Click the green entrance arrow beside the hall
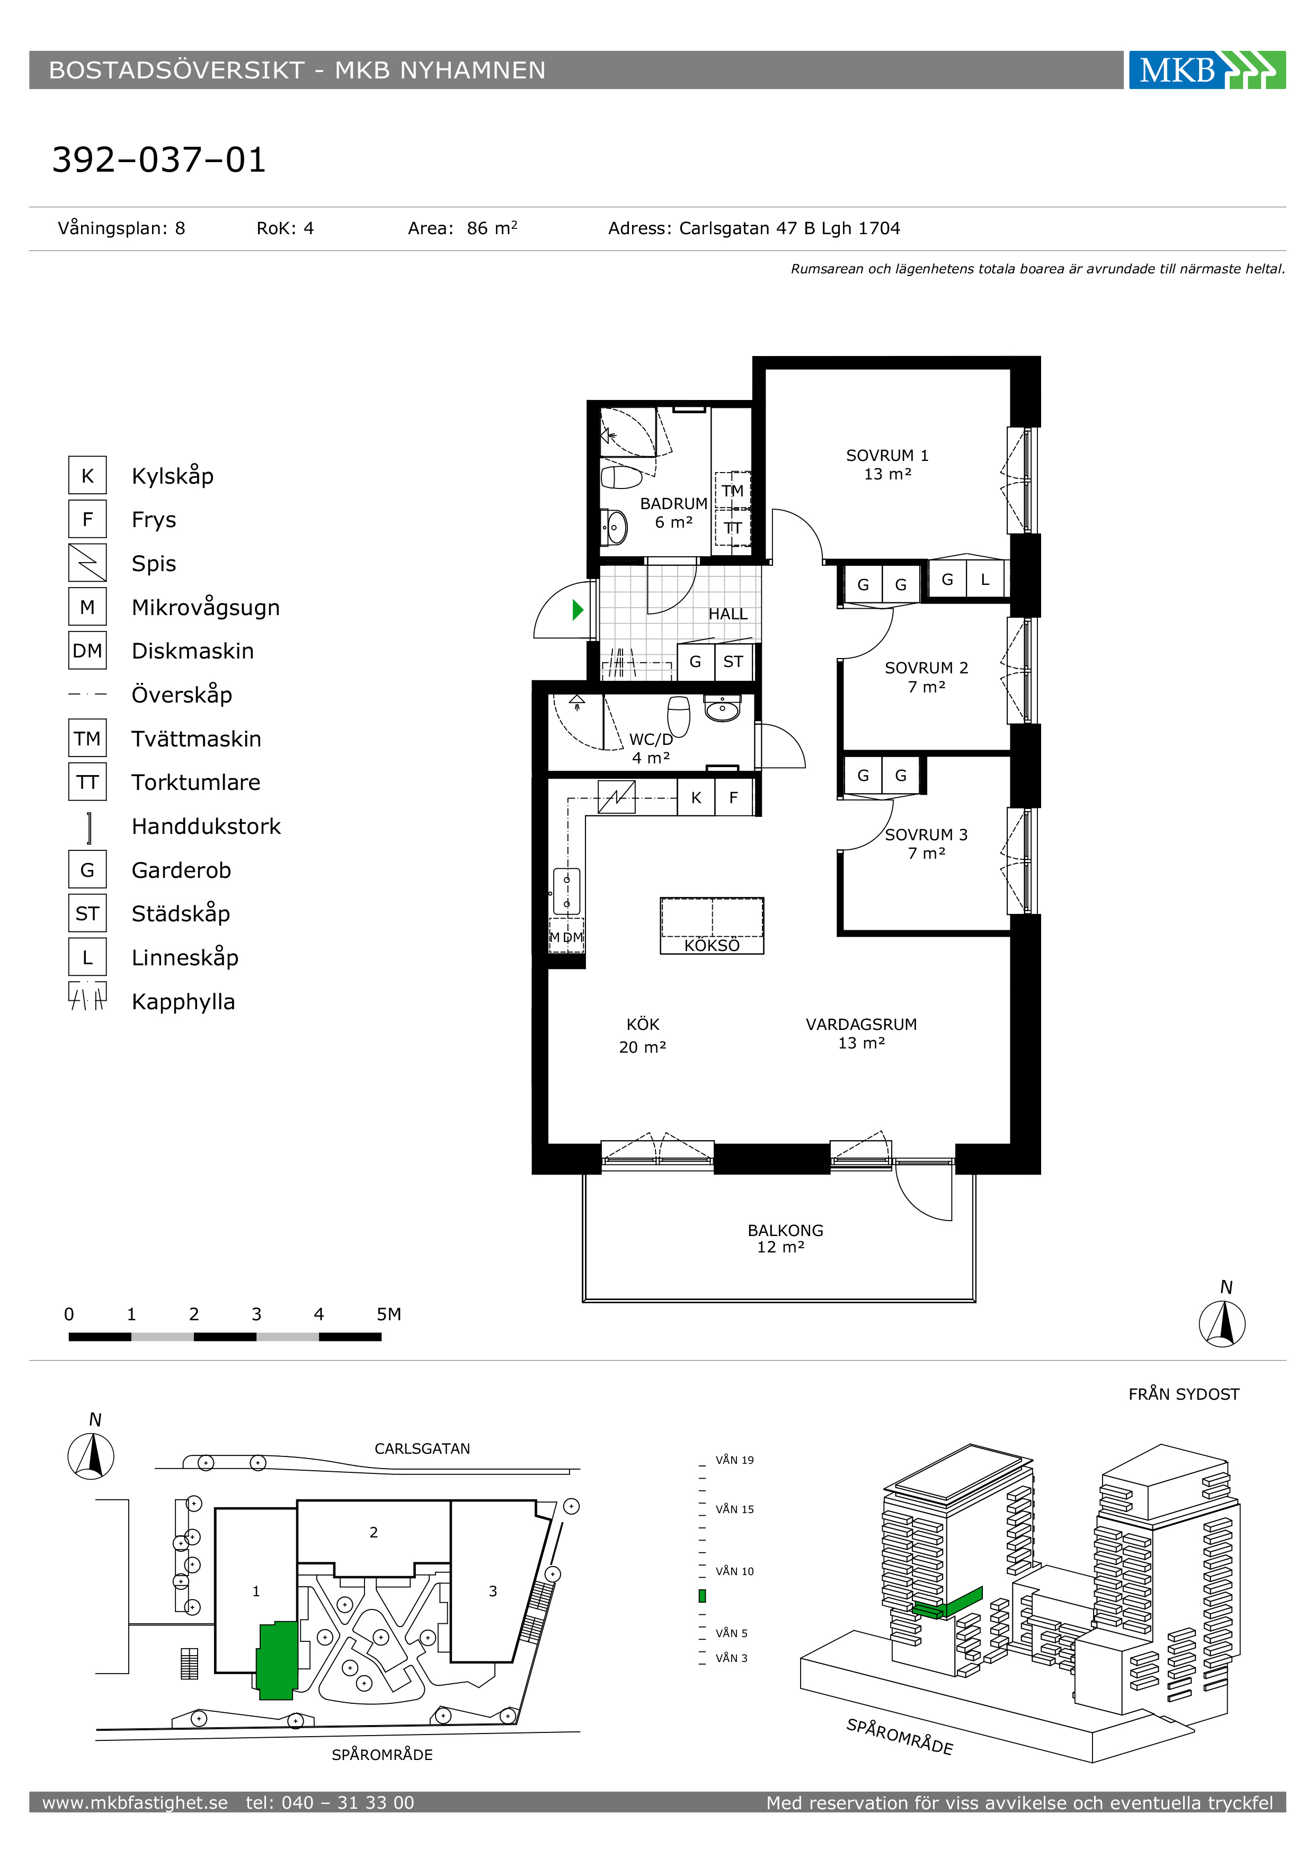[578, 609]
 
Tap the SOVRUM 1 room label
[887, 456]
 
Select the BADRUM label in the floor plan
[673, 503]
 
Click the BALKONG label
[785, 1230]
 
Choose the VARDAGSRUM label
[861, 1025]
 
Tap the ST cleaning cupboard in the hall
[733, 662]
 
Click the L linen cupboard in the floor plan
[984, 580]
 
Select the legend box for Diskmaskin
[87, 651]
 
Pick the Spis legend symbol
[87, 563]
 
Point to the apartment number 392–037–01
[159, 159]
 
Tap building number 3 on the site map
[493, 1592]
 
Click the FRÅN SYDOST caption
[1184, 1394]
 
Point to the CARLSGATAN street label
[422, 1448]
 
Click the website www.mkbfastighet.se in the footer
[135, 1803]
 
